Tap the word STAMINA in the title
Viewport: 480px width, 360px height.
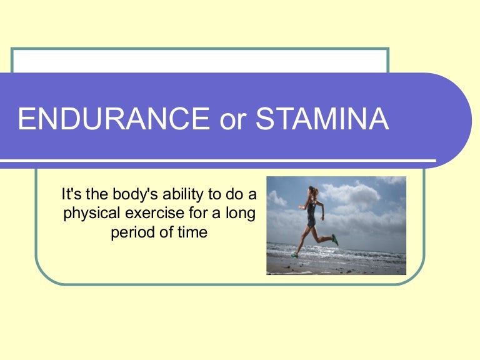coord(322,119)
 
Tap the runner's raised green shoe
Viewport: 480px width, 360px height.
coord(335,239)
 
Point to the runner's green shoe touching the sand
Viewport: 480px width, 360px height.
coord(294,255)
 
